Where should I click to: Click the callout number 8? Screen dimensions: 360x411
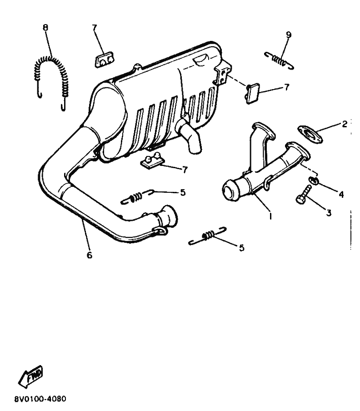(45, 28)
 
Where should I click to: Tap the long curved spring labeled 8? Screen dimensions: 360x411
(51, 58)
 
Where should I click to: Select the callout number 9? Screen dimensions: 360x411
(289, 35)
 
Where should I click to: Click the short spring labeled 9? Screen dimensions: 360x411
(279, 61)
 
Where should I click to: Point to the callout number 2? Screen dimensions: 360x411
(345, 124)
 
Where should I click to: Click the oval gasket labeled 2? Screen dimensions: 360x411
(310, 134)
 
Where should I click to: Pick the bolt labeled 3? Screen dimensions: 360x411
(304, 194)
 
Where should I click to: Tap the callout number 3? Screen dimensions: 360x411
(329, 213)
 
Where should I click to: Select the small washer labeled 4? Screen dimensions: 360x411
(314, 180)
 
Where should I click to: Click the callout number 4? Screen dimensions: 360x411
(341, 194)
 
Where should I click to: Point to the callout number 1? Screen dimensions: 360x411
(270, 216)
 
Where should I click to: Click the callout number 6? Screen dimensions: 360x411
(90, 255)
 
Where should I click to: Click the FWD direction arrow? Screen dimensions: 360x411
(30, 376)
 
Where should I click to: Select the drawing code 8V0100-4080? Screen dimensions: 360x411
(40, 399)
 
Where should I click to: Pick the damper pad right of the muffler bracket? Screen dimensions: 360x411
(253, 93)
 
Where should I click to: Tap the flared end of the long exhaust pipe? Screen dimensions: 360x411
(170, 216)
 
